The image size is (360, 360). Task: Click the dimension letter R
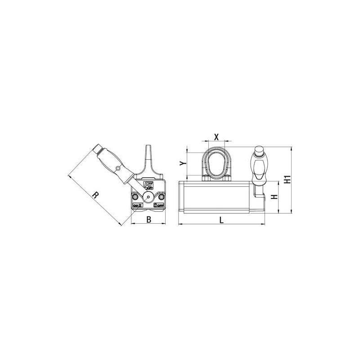point(95,195)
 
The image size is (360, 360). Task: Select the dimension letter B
point(148,219)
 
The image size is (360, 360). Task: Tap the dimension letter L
point(221,219)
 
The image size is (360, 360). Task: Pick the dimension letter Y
point(182,163)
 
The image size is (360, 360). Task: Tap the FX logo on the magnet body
point(148,185)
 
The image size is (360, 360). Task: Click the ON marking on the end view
point(137,205)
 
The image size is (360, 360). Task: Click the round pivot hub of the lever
point(148,198)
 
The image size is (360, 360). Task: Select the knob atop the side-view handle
point(260,150)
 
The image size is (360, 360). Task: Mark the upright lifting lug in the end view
point(149,158)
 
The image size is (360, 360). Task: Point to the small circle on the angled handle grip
point(117,169)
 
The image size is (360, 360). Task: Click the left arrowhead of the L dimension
point(180,224)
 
